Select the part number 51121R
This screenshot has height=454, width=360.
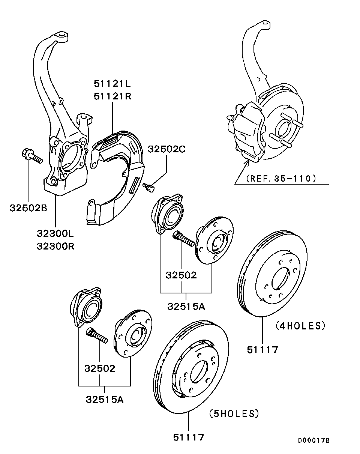pos(112,96)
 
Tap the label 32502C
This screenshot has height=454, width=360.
pos(166,149)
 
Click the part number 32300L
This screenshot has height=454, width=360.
pos(55,233)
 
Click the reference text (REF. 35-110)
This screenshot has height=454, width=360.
pos(279,178)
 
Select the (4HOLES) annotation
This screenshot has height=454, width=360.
pos(300,326)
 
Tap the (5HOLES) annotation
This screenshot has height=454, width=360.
pos(234,414)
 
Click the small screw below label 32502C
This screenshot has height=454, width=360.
pos(149,186)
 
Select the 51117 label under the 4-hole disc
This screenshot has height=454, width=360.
pos(262,350)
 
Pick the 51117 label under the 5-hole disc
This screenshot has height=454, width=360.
pos(189,437)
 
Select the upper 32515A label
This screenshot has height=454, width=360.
pos(186,306)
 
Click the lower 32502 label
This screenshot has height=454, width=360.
pos(100,368)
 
